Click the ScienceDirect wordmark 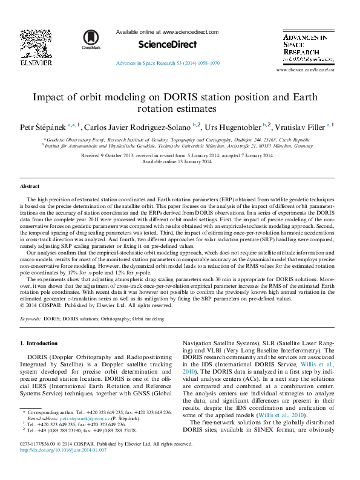(168, 44)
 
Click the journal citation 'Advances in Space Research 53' (168, 62)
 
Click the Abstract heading (30, 186)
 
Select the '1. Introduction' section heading (39, 343)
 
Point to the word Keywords (30, 317)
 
